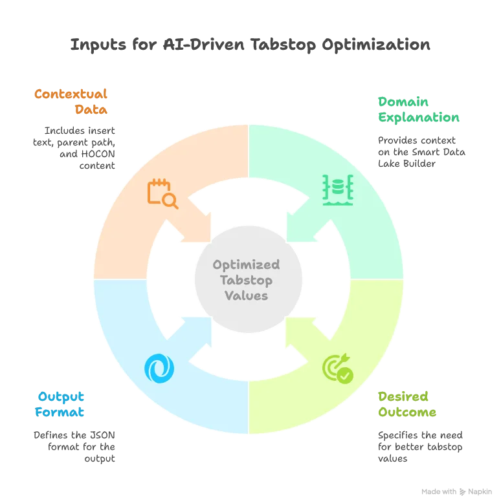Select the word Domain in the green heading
[x=404, y=102]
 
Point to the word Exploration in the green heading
[x=419, y=118]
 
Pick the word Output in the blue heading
[x=61, y=396]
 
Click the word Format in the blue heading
[x=61, y=412]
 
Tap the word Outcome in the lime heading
[x=408, y=412]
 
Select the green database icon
[x=337, y=188]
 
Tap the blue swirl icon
[x=159, y=367]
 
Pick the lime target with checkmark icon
[x=337, y=369]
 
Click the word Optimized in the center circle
[x=247, y=264]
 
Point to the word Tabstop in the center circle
[x=246, y=280]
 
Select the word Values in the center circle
[x=246, y=295]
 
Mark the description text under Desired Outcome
[x=421, y=445]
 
